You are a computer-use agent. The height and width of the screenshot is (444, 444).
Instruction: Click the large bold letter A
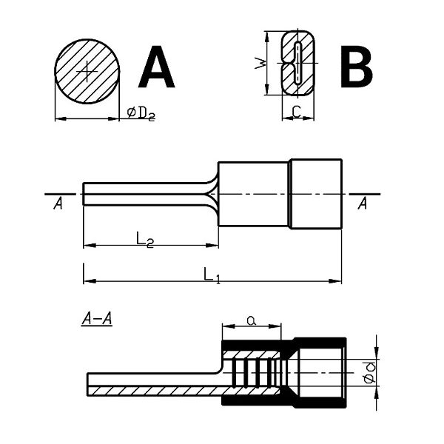[x=157, y=67]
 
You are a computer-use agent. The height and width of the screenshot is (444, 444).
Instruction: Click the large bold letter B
[x=356, y=67]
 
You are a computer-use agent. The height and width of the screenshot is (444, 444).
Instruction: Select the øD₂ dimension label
[x=141, y=114]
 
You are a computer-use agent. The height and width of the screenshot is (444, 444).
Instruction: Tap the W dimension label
[x=260, y=63]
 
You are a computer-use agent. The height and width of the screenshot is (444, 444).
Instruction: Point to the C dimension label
[x=297, y=112]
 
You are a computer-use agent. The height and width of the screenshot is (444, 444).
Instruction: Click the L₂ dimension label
[x=145, y=239]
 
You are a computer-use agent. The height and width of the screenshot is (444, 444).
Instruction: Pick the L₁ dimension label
[x=212, y=275]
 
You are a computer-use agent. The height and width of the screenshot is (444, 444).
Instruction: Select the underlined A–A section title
[x=97, y=319]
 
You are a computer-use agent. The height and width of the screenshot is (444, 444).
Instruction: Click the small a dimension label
[x=251, y=320]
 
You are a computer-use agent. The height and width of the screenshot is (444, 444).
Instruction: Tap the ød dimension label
[x=370, y=372]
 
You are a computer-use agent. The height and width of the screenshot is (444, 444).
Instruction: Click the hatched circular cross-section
[x=87, y=71]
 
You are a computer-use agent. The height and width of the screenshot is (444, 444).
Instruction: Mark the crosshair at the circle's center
[x=87, y=71]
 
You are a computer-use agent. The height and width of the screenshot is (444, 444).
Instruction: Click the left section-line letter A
[x=58, y=203]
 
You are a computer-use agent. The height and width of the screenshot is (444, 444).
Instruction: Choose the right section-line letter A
[x=363, y=203]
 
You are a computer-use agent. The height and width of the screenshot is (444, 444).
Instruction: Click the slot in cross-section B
[x=297, y=63]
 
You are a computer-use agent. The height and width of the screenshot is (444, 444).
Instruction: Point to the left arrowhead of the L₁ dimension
[x=90, y=281]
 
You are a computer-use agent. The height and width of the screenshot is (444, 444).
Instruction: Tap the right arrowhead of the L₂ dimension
[x=212, y=246]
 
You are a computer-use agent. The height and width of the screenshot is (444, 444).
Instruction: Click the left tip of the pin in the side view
[x=83, y=194]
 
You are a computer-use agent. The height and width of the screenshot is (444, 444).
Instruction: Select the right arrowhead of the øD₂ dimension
[x=113, y=119]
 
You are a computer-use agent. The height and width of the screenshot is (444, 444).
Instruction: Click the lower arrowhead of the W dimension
[x=266, y=89]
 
